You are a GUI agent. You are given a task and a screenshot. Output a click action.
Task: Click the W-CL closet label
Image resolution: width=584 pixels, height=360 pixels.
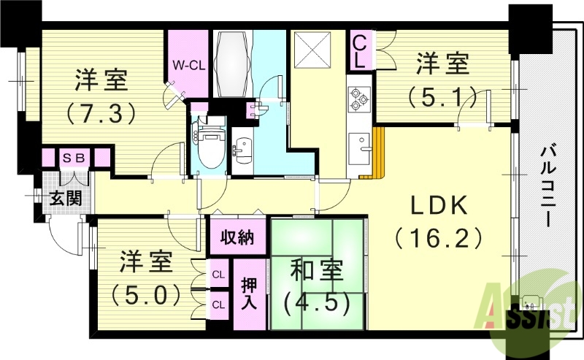tap(188, 65)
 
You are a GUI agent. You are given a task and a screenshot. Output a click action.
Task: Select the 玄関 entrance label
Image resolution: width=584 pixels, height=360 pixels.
tap(65, 197)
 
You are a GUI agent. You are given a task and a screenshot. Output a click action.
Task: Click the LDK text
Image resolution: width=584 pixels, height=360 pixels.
tap(437, 207)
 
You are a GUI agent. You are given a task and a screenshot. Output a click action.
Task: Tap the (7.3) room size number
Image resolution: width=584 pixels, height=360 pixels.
tap(102, 113)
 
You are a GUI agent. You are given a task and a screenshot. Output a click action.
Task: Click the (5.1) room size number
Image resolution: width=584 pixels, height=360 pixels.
tap(442, 96)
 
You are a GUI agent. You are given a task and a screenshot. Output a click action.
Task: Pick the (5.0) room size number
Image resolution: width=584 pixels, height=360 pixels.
tap(146, 294)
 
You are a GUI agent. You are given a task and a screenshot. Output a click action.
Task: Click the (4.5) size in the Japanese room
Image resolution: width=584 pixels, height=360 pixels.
tap(316, 301)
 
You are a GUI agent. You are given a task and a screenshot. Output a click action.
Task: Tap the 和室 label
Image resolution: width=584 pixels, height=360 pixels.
tap(316, 270)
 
